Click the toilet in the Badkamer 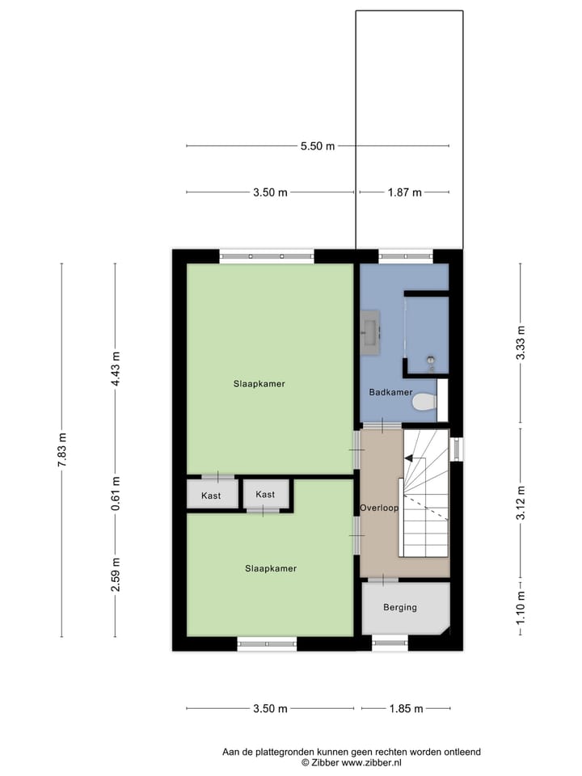tap(423, 401)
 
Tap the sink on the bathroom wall tap(371, 330)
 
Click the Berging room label tap(400, 607)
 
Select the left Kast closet tap(212, 495)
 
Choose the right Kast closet tap(265, 494)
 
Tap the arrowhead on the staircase tap(408, 458)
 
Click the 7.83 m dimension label tap(62, 449)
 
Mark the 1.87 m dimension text tap(404, 192)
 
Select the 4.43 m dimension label tap(116, 368)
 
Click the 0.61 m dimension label tap(116, 495)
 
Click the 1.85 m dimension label tap(406, 709)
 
